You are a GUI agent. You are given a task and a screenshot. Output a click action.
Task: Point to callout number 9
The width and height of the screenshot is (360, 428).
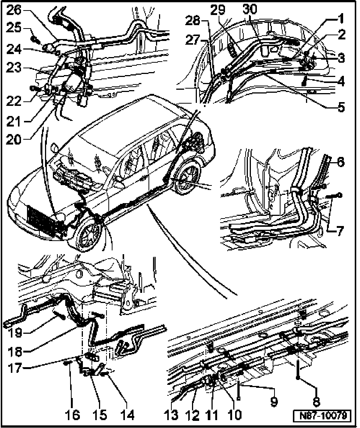[x=274, y=402]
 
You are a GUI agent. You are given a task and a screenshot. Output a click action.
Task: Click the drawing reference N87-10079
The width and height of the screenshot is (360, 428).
[x=322, y=416]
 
